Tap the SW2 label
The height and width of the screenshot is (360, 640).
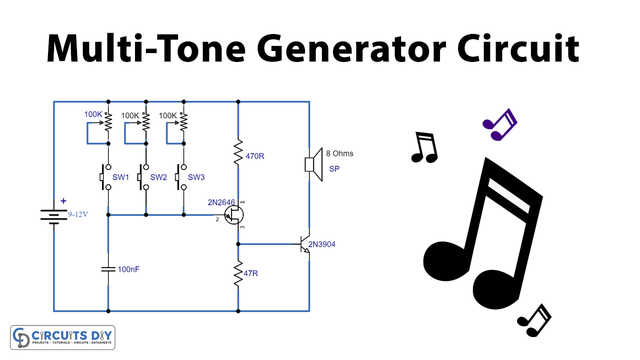pyautogui.click(x=158, y=177)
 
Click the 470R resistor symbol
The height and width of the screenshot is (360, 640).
pyautogui.click(x=238, y=152)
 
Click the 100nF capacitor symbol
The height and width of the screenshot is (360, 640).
pyautogui.click(x=108, y=269)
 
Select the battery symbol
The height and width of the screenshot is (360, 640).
pyautogui.click(x=53, y=216)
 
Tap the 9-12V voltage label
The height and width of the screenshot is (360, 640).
pyautogui.click(x=78, y=215)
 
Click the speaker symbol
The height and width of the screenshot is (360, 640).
pyautogui.click(x=310, y=164)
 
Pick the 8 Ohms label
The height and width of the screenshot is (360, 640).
pyautogui.click(x=339, y=153)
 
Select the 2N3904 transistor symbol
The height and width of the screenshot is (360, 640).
pyautogui.click(x=304, y=245)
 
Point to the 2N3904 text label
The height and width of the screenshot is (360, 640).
pyautogui.click(x=322, y=244)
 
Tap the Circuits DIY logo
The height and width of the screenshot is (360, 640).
pyautogui.click(x=62, y=337)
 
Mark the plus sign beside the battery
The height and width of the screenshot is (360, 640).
pyautogui.click(x=63, y=201)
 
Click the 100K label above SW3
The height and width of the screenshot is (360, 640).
pyautogui.click(x=167, y=115)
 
